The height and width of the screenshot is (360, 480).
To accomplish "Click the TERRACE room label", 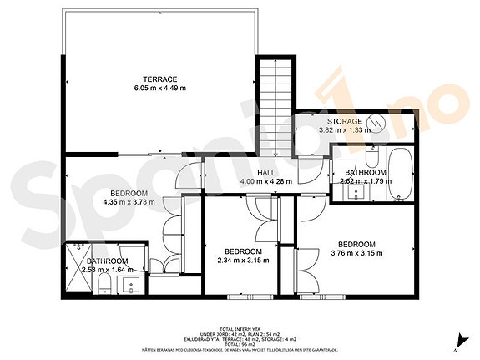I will (159, 79).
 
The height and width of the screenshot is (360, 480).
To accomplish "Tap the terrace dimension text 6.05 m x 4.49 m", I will (159, 88).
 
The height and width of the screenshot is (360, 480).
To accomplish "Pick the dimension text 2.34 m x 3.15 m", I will (243, 261).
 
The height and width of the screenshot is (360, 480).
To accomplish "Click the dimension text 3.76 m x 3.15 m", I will (356, 253).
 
